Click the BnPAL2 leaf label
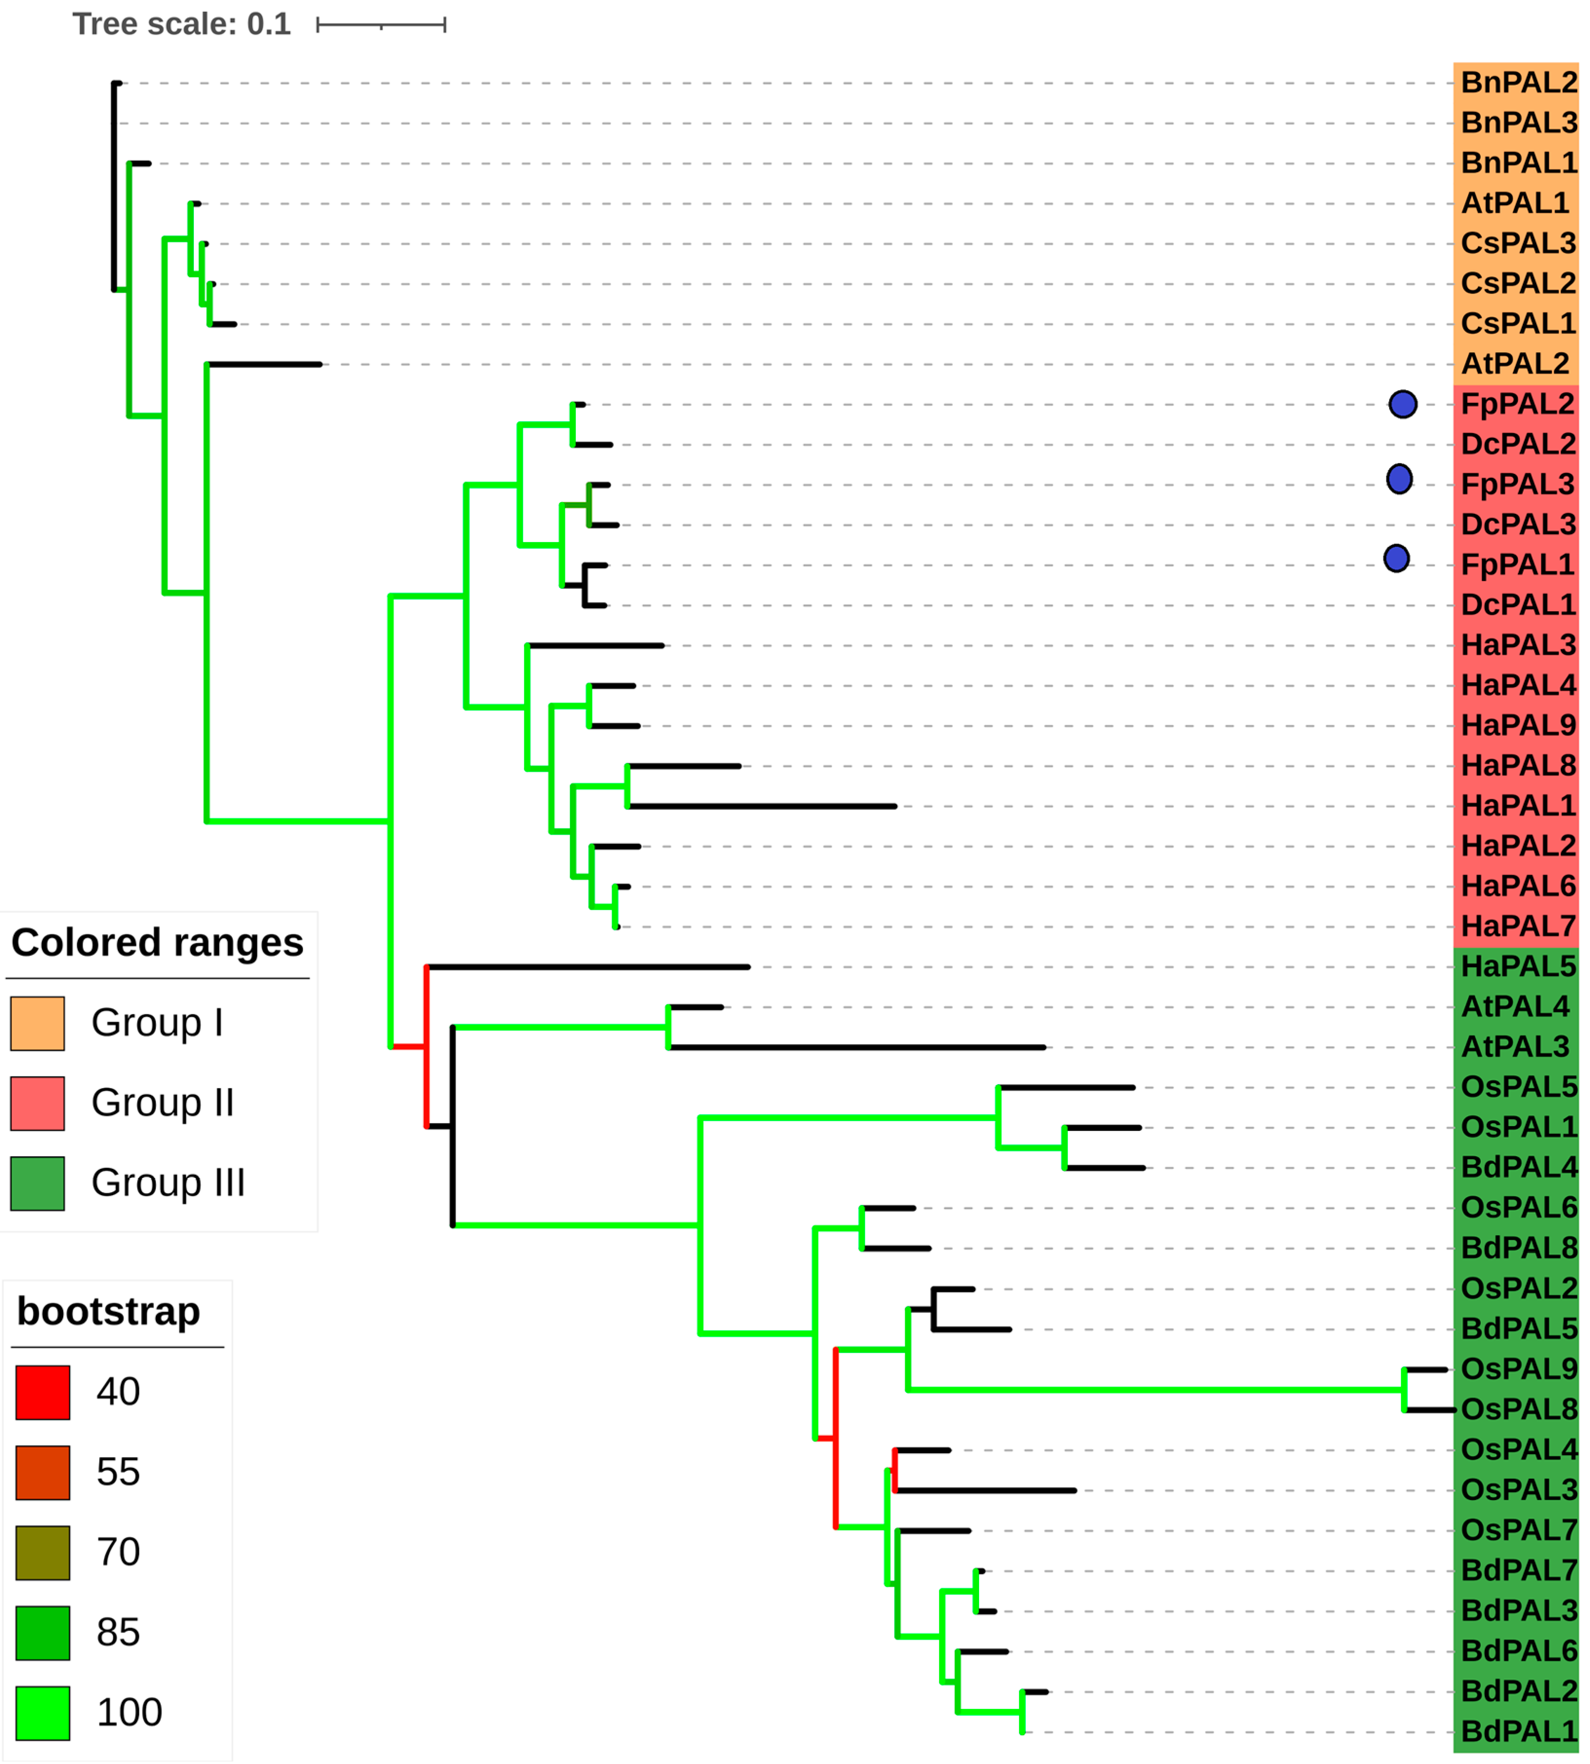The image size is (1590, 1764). [1518, 82]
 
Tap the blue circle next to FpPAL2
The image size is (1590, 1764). [1402, 404]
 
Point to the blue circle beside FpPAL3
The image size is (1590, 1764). [1399, 479]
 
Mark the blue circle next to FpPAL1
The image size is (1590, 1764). [1396, 558]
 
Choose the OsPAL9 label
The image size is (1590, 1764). [1518, 1369]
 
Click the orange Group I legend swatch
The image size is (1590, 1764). [38, 1023]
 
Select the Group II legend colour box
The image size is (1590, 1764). [38, 1103]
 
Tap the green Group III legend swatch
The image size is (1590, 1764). [38, 1183]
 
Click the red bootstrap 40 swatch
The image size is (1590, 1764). [43, 1392]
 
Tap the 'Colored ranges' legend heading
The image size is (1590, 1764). [157, 942]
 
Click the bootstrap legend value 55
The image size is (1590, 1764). [118, 1472]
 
